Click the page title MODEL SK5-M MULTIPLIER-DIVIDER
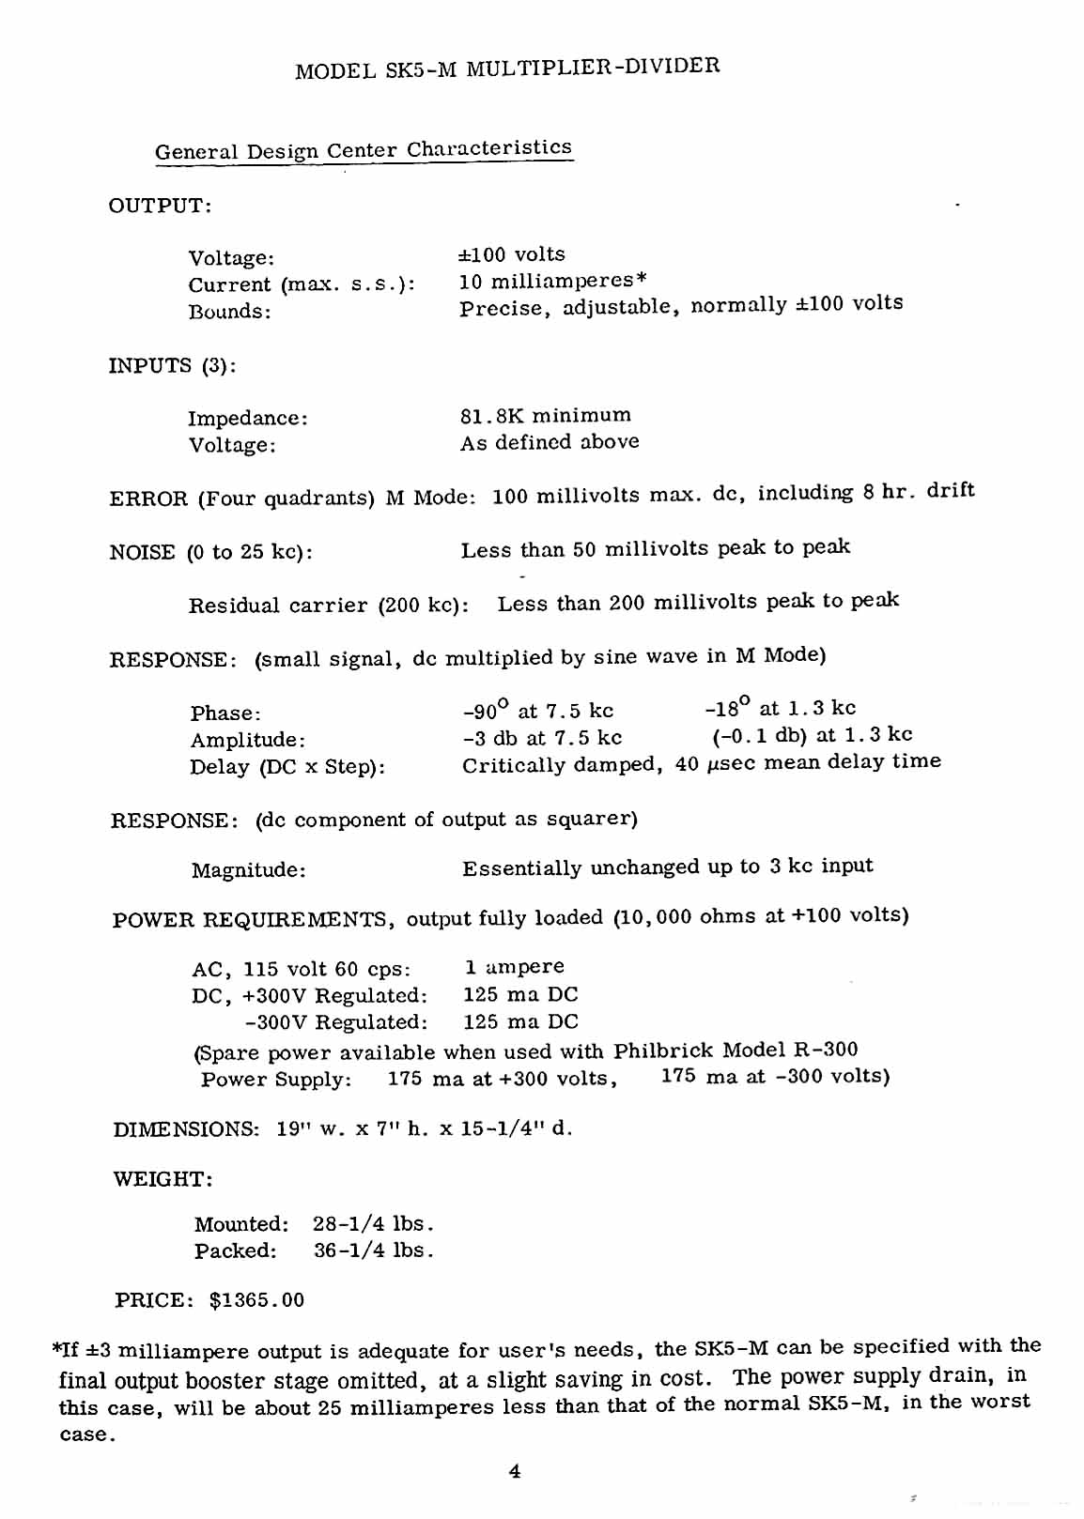click(x=507, y=69)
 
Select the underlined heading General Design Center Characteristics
click(x=364, y=150)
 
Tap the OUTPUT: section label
click(x=161, y=206)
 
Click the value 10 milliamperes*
click(x=552, y=281)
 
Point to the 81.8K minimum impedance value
click(x=546, y=415)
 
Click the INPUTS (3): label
click(x=173, y=365)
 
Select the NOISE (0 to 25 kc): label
click(x=211, y=551)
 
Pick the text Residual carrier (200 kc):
click(x=329, y=605)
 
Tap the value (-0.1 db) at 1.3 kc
click(x=812, y=735)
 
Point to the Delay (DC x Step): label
click(x=287, y=767)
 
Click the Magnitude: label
click(x=249, y=870)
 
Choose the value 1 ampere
click(x=515, y=967)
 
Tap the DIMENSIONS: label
click(x=186, y=1129)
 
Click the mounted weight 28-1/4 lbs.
click(x=374, y=1224)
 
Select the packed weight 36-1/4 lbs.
click(x=374, y=1250)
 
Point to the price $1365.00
click(x=256, y=1300)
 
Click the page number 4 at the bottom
click(x=514, y=1472)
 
